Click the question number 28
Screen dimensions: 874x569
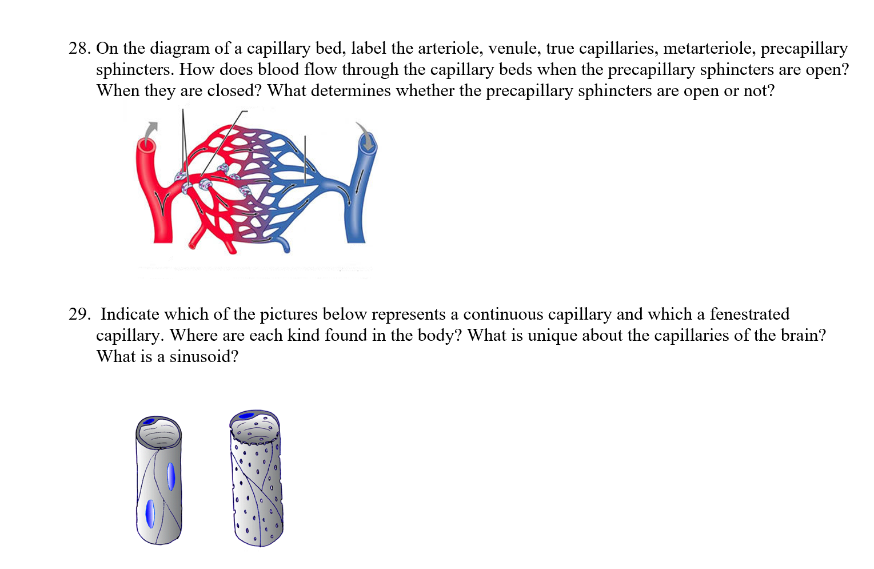coord(79,49)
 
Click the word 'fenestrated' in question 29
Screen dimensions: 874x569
coord(749,315)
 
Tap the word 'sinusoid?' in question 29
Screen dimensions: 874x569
coord(203,357)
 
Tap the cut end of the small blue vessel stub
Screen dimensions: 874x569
coord(286,249)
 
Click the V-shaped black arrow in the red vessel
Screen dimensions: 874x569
coord(163,204)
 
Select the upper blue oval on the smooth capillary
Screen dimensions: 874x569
coord(170,476)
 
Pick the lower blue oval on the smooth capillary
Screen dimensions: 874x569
coord(150,513)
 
